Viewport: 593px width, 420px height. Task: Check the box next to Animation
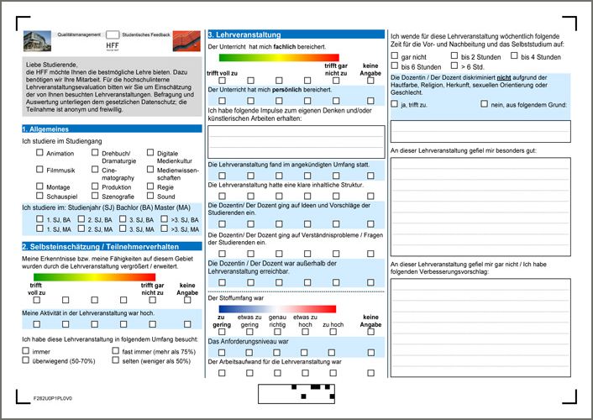pos(39,154)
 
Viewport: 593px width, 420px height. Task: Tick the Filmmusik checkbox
pos(39,170)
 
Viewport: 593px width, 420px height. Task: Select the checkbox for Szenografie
pos(94,195)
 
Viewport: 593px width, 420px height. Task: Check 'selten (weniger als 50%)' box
pos(115,360)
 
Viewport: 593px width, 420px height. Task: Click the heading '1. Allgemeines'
pos(46,129)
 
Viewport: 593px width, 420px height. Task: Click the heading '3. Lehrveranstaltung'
pos(244,34)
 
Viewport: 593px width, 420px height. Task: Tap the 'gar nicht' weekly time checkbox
pos(395,56)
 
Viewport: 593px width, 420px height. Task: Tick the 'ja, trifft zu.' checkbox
pos(395,104)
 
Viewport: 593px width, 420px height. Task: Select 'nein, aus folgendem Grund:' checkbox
pos(485,104)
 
